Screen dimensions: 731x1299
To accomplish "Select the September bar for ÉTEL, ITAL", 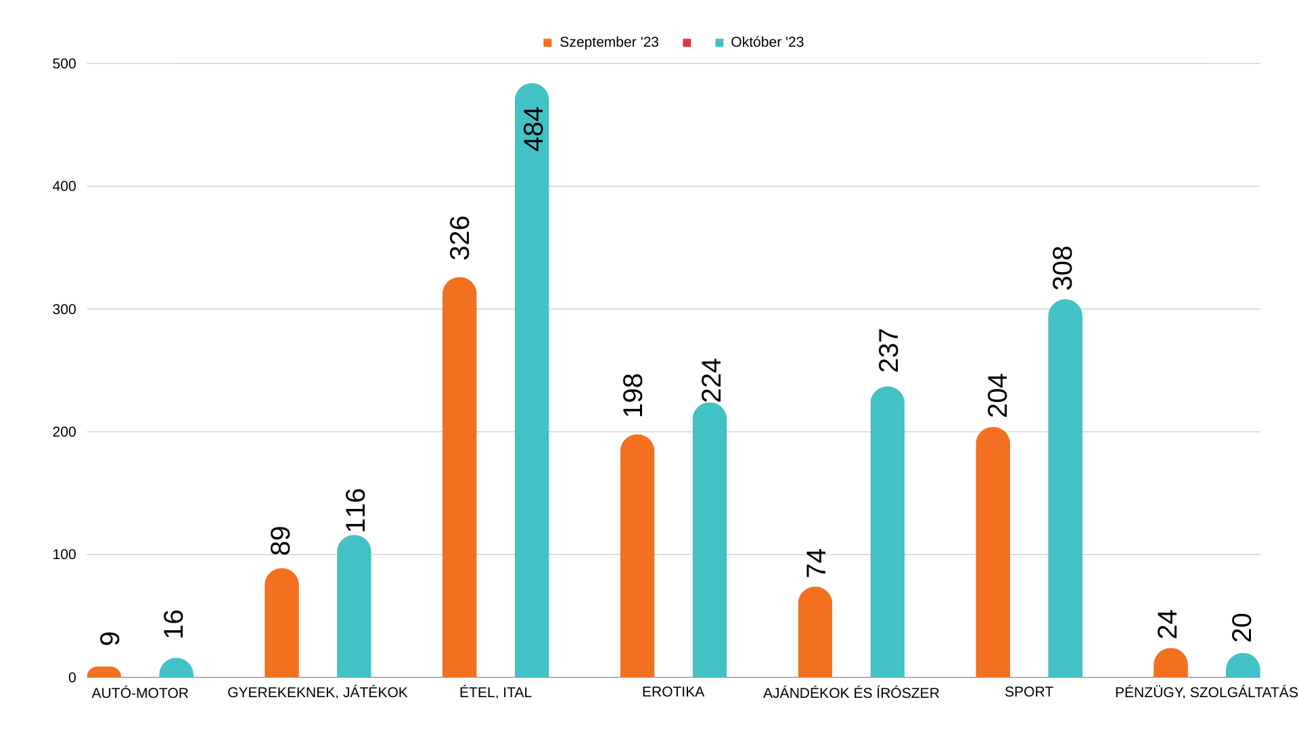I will tap(459, 477).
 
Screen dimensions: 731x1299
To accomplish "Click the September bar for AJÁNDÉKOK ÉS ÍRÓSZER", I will tap(815, 632).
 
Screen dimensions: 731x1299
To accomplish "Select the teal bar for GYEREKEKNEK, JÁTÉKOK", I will tap(354, 606).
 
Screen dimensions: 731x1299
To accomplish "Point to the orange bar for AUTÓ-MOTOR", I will tap(104, 672).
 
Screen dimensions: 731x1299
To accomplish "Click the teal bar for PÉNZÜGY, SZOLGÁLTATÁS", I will tap(1243, 666).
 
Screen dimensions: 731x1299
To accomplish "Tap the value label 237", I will tap(889, 350).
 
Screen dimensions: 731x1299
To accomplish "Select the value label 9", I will tap(110, 638).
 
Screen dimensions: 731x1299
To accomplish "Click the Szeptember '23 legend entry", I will tap(601, 43).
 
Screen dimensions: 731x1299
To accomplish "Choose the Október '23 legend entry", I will tap(759, 43).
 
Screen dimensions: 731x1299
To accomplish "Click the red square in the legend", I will tap(687, 43).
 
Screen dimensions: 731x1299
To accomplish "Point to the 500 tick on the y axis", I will tap(64, 64).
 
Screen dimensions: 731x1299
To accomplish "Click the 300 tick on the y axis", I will tap(64, 309).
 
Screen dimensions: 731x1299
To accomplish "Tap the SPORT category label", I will tap(1028, 692).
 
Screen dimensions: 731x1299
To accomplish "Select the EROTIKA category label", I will tap(673, 692).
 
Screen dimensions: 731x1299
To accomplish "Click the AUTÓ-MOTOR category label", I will tap(140, 693).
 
